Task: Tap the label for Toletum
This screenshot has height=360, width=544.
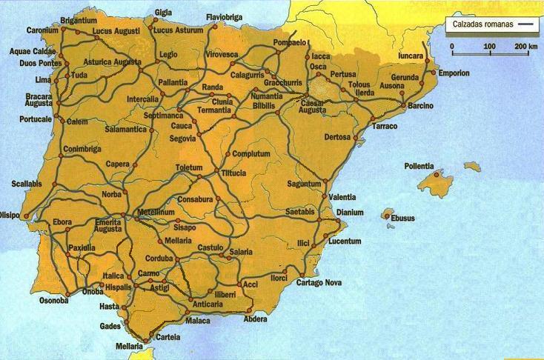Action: [x=188, y=168]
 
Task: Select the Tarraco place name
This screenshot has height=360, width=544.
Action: [x=385, y=127]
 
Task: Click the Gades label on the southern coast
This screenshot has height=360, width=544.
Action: [x=109, y=326]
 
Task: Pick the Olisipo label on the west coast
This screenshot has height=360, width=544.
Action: [x=10, y=216]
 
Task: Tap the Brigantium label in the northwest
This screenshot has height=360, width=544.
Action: [x=79, y=21]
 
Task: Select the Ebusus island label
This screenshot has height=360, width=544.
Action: [x=404, y=218]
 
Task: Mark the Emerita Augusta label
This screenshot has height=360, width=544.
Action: [x=108, y=225]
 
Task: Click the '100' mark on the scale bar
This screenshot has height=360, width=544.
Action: [x=489, y=47]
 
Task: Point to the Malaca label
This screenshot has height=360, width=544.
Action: [x=198, y=321]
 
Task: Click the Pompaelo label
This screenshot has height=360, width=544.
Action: [x=290, y=43]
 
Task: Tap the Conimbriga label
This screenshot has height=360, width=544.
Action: [x=82, y=148]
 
